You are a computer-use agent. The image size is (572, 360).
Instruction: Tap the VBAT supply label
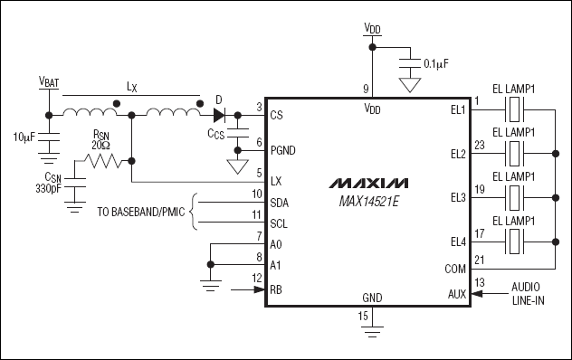tap(46, 81)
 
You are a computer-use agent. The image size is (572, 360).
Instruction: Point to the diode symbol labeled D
tap(218, 115)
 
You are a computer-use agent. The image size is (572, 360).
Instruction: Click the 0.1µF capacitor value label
tap(437, 64)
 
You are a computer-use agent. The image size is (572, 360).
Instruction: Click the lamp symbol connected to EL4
tap(515, 241)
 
